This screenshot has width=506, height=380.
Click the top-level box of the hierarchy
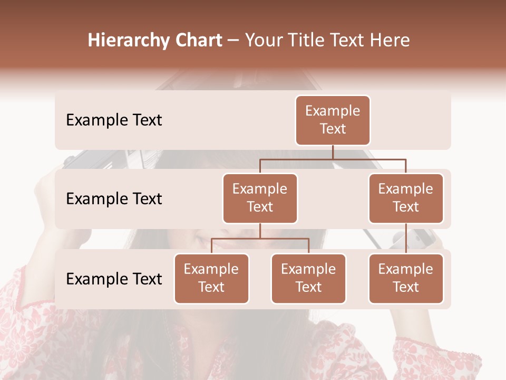click(x=333, y=120)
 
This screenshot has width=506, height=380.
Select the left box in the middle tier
click(x=260, y=198)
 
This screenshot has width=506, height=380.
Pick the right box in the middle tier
click(x=406, y=198)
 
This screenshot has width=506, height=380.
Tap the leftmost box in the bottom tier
click(x=211, y=279)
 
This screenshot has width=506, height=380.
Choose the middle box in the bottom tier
click(x=308, y=279)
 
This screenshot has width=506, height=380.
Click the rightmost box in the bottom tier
click(x=406, y=279)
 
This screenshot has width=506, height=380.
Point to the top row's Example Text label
click(x=114, y=120)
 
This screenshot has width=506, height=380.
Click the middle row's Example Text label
click(x=114, y=199)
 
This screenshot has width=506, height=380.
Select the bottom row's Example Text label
click(x=114, y=279)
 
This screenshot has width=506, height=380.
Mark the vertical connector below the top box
click(x=333, y=152)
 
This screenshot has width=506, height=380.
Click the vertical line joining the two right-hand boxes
click(x=406, y=239)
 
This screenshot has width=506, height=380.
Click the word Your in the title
click(x=264, y=41)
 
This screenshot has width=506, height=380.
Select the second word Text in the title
click(x=348, y=41)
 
